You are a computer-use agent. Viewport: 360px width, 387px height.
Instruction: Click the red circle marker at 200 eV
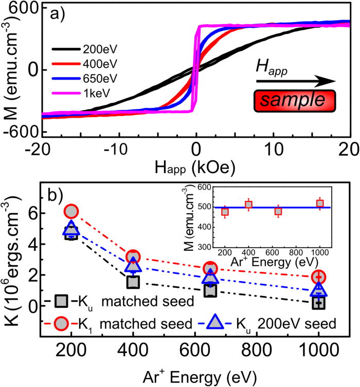point(71,211)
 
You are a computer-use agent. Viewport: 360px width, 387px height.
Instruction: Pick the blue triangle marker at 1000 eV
point(319,289)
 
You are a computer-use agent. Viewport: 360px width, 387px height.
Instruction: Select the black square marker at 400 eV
point(133,282)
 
